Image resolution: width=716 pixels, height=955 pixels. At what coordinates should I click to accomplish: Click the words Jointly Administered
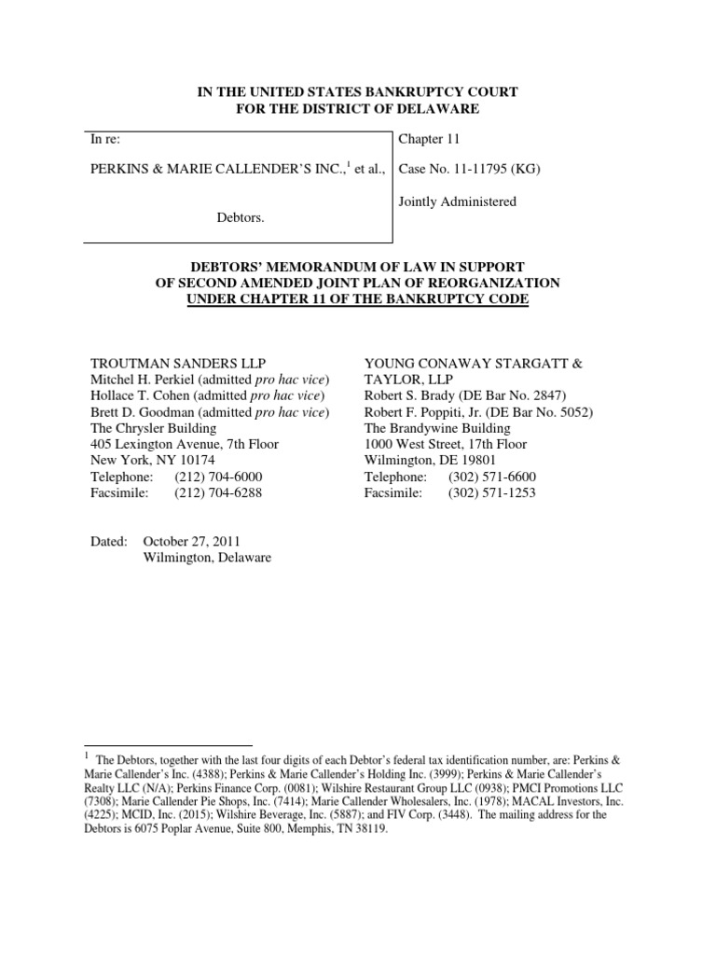point(457,201)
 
